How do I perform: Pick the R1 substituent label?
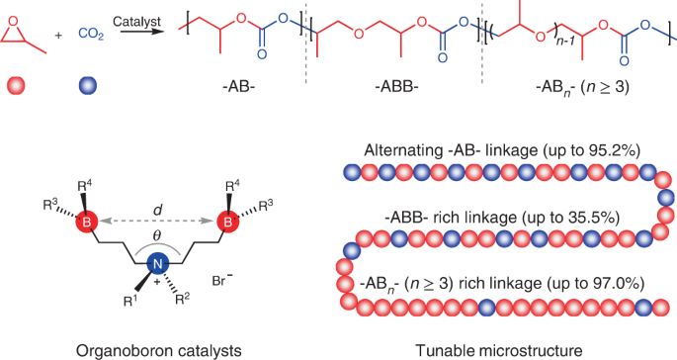click(x=127, y=297)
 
